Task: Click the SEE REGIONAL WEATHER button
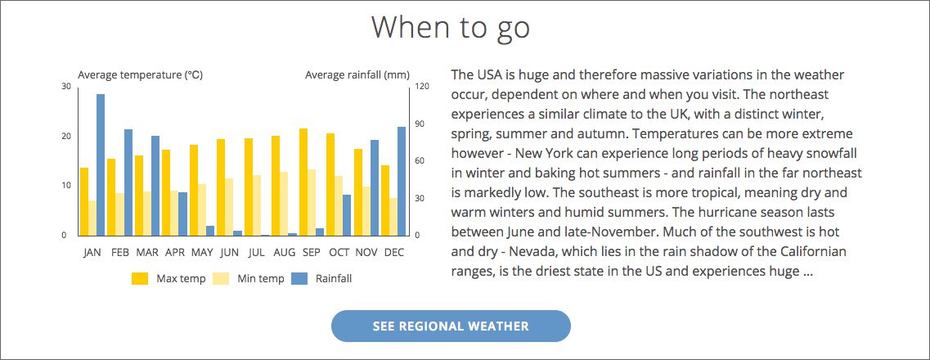pos(451,326)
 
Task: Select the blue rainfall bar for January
pos(101,165)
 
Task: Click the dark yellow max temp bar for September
pos(303,182)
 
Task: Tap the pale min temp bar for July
pos(257,205)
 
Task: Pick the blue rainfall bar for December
pos(402,182)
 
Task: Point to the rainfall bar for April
pos(182,214)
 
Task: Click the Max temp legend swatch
pos(140,279)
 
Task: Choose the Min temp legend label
pos(260,279)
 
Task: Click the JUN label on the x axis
pos(229,253)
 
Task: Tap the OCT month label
pos(339,253)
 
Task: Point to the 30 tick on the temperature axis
pos(65,87)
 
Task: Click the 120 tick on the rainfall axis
pos(422,87)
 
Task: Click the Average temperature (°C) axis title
pos(141,75)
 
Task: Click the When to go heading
pos(451,27)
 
